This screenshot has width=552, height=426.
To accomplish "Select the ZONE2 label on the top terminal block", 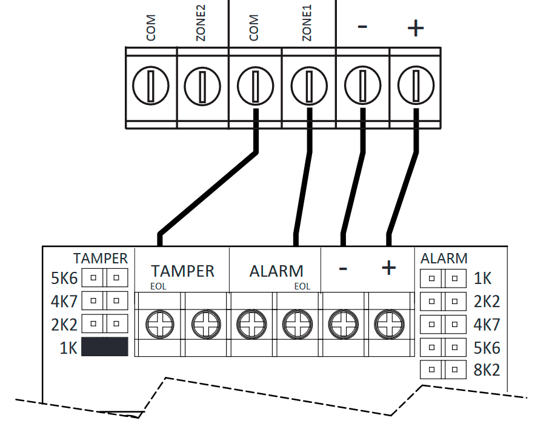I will click(x=201, y=28).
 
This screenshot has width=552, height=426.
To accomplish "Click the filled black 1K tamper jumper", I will click(x=105, y=347).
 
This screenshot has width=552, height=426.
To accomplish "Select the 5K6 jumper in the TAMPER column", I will click(x=105, y=278).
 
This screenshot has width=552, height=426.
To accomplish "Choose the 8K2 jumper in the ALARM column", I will click(x=443, y=370).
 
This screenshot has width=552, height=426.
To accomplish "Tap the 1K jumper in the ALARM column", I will click(x=443, y=279).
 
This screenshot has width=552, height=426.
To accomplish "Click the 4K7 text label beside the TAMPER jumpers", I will click(x=65, y=301).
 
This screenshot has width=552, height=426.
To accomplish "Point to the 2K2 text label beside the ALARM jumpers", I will click(x=487, y=302).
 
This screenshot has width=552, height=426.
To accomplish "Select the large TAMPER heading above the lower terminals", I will click(x=182, y=271).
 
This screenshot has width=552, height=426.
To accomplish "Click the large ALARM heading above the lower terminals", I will click(x=276, y=271).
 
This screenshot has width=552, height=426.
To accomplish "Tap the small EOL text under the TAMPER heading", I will click(x=159, y=286).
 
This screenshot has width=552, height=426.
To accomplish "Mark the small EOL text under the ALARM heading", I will click(x=302, y=286).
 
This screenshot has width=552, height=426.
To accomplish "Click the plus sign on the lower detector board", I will click(x=388, y=268).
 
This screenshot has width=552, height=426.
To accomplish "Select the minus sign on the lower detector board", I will click(x=342, y=268).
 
